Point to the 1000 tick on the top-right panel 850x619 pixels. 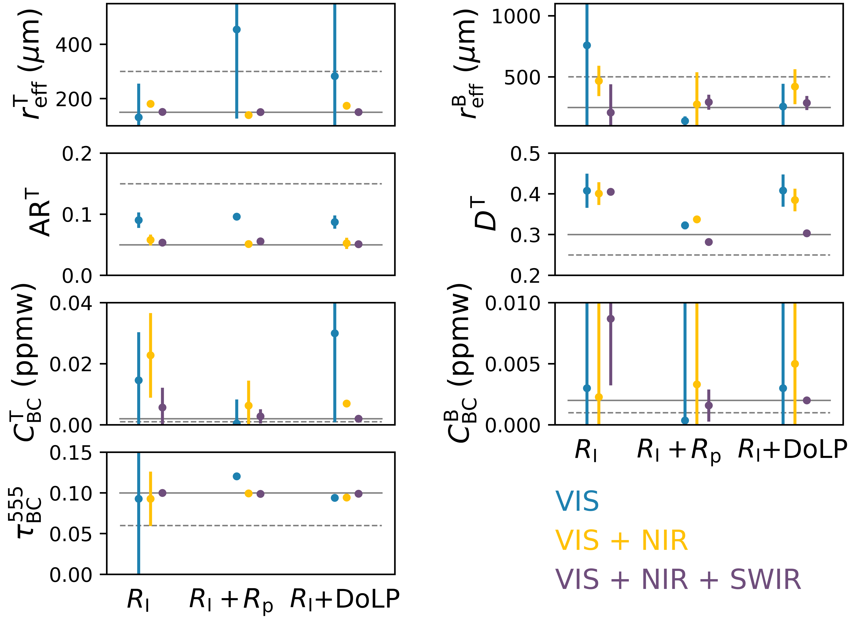tap(516, 16)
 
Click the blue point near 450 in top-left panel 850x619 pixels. tap(237, 30)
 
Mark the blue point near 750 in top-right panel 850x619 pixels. tap(587, 45)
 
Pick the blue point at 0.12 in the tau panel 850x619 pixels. tap(237, 476)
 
